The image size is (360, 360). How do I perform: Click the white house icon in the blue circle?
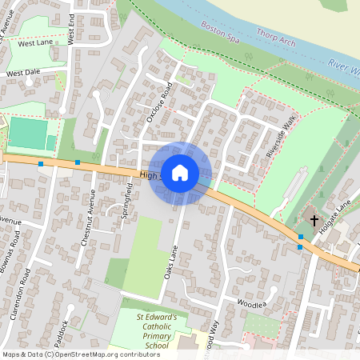180,173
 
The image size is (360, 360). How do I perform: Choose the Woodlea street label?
251,304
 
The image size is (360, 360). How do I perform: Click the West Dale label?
23,73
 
